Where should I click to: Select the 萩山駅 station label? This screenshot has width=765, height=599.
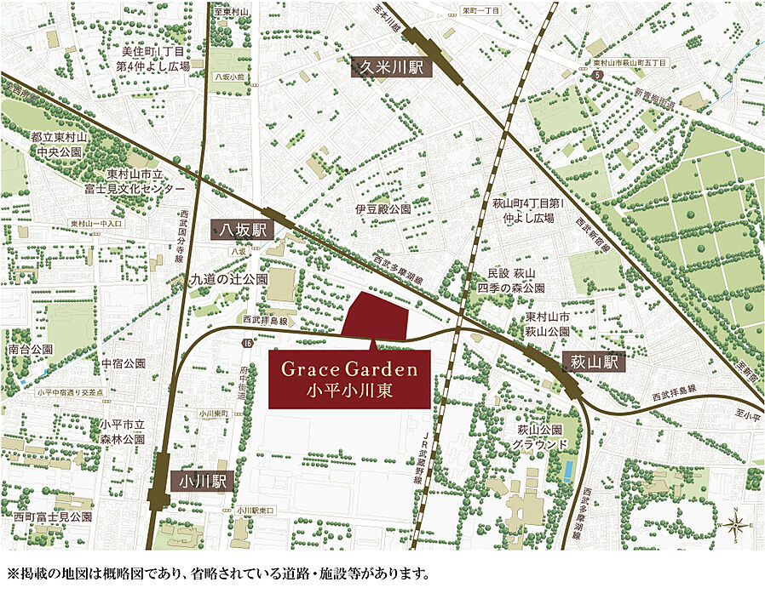(594, 363)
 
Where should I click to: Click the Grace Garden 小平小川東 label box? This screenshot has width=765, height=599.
(349, 378)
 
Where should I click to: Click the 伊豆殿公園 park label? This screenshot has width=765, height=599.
(382, 208)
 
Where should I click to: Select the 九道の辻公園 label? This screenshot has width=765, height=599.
(228, 278)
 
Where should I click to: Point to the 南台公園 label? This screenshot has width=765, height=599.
(30, 350)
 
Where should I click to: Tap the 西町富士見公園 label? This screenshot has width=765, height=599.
(52, 516)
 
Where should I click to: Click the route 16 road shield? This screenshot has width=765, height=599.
(247, 343)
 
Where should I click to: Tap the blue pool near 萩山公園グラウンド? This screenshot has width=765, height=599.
(567, 470)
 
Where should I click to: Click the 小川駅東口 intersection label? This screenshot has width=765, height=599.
(257, 510)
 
